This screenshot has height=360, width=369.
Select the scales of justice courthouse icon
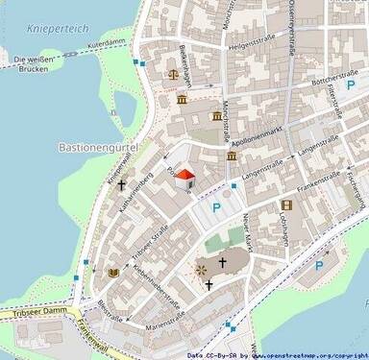(x=172, y=73)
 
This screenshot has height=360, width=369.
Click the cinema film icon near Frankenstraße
(x=285, y=204)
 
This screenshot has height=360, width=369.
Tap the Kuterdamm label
(x=107, y=44)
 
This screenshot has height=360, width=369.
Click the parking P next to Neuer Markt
(x=216, y=207)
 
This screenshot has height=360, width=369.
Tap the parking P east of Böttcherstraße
(x=351, y=86)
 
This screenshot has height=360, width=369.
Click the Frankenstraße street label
(x=321, y=188)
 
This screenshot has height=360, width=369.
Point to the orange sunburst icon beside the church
(x=202, y=270)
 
